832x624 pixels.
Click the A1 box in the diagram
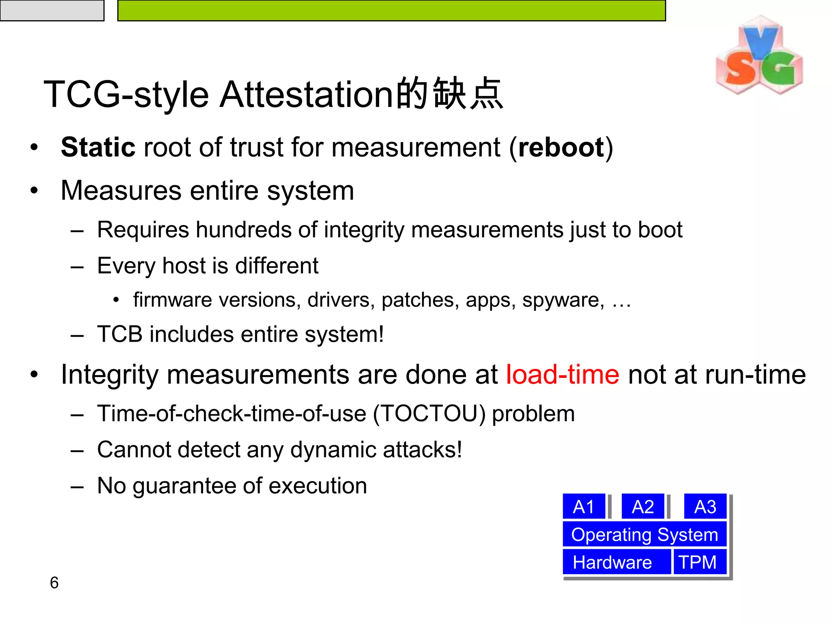click(x=584, y=507)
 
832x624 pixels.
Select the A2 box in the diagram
click(x=643, y=507)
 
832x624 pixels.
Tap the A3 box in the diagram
click(x=705, y=507)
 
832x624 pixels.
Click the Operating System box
click(x=644, y=534)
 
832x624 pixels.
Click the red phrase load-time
click(x=562, y=374)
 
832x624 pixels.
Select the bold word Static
click(x=98, y=147)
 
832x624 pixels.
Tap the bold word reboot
click(x=561, y=147)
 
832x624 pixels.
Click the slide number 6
click(x=54, y=583)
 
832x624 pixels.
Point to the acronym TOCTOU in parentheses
click(x=429, y=414)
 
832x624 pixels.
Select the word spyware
click(x=563, y=300)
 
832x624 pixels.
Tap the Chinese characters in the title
click(x=450, y=94)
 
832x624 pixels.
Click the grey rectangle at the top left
click(x=52, y=10)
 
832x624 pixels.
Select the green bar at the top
click(x=391, y=10)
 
